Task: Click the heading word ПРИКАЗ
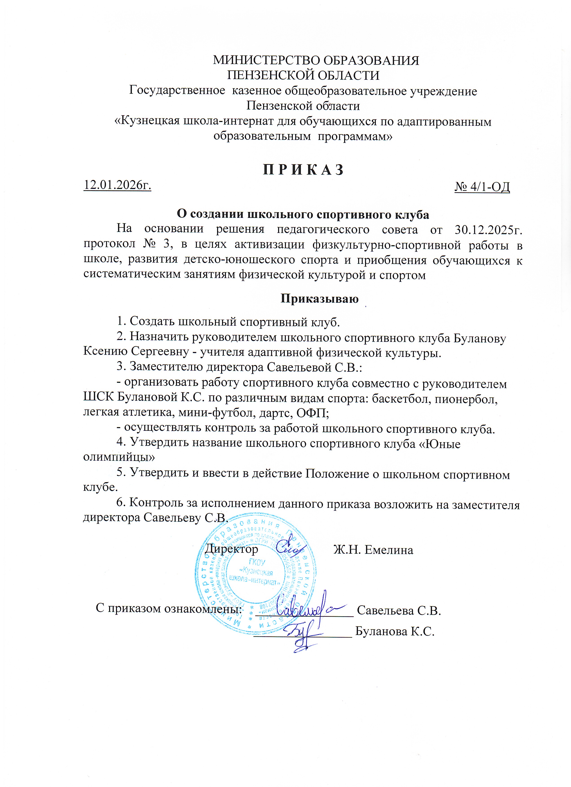[303, 170]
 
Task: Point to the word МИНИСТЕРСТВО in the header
[266, 60]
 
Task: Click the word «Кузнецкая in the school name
[146, 122]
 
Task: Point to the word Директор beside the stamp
[231, 549]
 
